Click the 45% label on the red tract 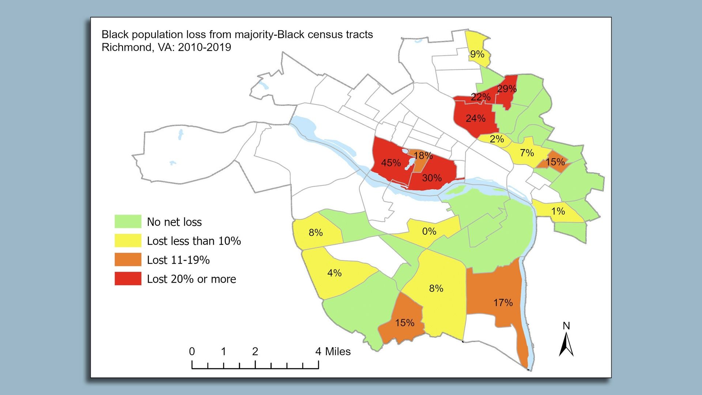click(x=391, y=163)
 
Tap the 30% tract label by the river click(x=432, y=178)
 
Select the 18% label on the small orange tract click(x=423, y=155)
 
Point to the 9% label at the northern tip click(x=477, y=54)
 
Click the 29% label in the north click(x=507, y=89)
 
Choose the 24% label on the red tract click(x=475, y=118)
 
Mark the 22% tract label click(x=480, y=97)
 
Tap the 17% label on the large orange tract click(x=503, y=302)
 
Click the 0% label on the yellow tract click(x=429, y=231)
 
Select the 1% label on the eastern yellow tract click(x=558, y=211)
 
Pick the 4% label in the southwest click(x=334, y=273)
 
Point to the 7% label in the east click(x=527, y=153)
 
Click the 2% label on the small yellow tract click(x=497, y=139)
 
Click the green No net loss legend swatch click(x=128, y=222)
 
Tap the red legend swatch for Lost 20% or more click(x=128, y=279)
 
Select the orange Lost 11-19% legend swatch click(x=128, y=260)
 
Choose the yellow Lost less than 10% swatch click(x=128, y=241)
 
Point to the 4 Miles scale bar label click(x=333, y=351)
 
